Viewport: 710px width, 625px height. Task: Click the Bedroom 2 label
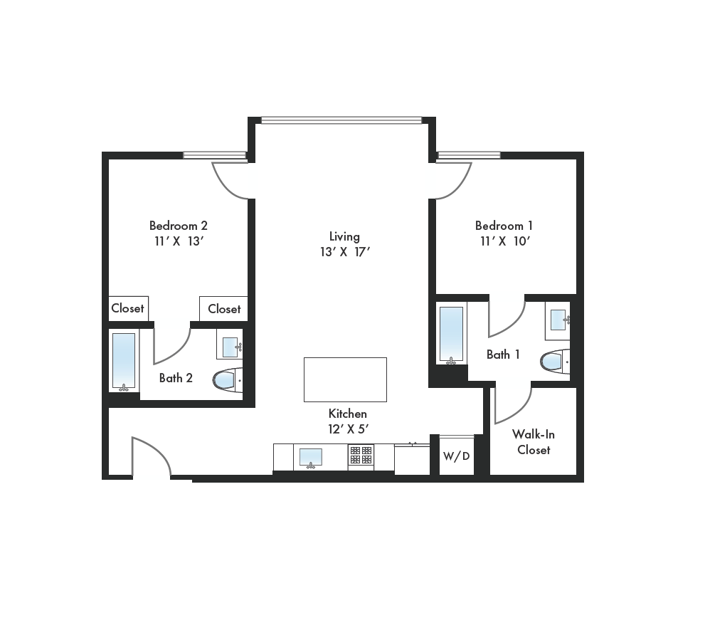tap(178, 226)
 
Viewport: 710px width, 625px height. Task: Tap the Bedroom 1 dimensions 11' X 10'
tap(504, 241)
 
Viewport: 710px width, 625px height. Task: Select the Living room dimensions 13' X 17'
tap(344, 252)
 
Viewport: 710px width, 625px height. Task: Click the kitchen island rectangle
tap(345, 379)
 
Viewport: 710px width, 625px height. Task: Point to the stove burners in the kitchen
tap(361, 456)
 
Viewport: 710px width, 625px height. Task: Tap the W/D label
tap(456, 456)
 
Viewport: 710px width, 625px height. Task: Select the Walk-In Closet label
tap(534, 442)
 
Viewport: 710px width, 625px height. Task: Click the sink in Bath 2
tap(231, 347)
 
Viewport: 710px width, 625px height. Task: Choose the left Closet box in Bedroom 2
tap(128, 308)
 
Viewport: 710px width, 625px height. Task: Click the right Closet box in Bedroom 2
tap(224, 309)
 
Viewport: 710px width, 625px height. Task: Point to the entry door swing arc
tap(152, 456)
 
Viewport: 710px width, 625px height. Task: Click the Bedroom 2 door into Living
tap(231, 180)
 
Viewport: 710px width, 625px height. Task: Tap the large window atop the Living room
tap(341, 120)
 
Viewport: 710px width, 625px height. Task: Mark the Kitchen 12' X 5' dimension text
tap(347, 429)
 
